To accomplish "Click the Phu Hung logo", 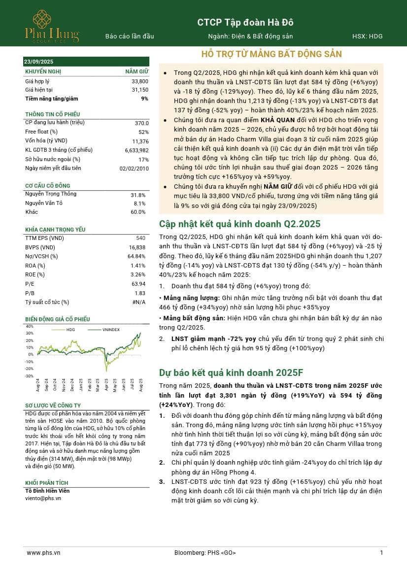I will click(x=52, y=26).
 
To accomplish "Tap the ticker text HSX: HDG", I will click(x=367, y=36).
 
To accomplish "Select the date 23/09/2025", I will click(x=39, y=62).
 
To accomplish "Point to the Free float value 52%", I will click(x=143, y=132).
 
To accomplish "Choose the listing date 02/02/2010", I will click(x=134, y=169).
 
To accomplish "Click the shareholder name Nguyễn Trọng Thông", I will click(x=51, y=194).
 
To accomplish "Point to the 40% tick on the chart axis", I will click(x=30, y=326).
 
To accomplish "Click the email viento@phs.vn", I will click(x=43, y=499).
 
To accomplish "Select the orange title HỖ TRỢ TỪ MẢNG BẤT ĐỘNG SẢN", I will click(x=271, y=54).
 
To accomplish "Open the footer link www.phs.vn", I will click(x=43, y=553).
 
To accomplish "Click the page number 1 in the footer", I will click(x=381, y=553).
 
